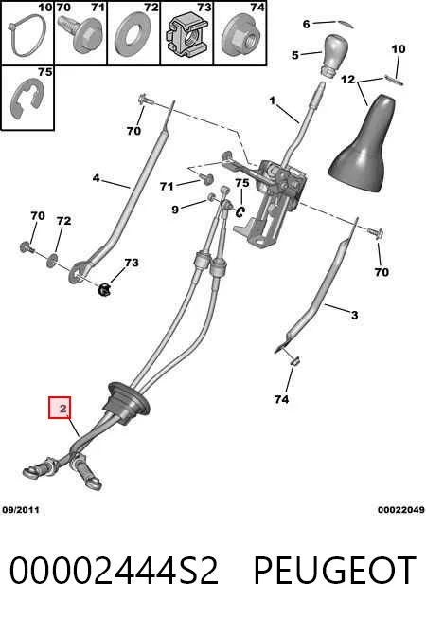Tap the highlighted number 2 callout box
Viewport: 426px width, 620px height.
pyautogui.click(x=60, y=408)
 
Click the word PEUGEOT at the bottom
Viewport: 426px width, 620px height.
pyautogui.click(x=334, y=570)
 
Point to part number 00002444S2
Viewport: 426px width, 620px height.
pyautogui.click(x=114, y=570)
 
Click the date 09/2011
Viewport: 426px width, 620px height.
pyautogui.click(x=21, y=510)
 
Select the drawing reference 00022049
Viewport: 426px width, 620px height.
pyautogui.click(x=401, y=510)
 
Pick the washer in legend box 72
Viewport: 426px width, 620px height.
pyautogui.click(x=133, y=36)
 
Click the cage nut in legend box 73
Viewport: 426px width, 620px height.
pyautogui.click(x=186, y=37)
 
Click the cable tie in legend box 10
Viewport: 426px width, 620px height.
pyautogui.click(x=27, y=36)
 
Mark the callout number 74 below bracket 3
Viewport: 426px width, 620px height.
pyautogui.click(x=281, y=399)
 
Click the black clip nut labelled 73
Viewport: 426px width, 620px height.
pyautogui.click(x=104, y=289)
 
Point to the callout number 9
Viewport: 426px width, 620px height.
pyautogui.click(x=175, y=210)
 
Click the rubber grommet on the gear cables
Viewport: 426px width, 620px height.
pyautogui.click(x=126, y=403)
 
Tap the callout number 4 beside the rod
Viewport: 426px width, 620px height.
pyautogui.click(x=96, y=178)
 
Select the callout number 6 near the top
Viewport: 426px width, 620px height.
pyautogui.click(x=306, y=24)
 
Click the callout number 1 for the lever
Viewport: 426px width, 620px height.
pyautogui.click(x=272, y=100)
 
